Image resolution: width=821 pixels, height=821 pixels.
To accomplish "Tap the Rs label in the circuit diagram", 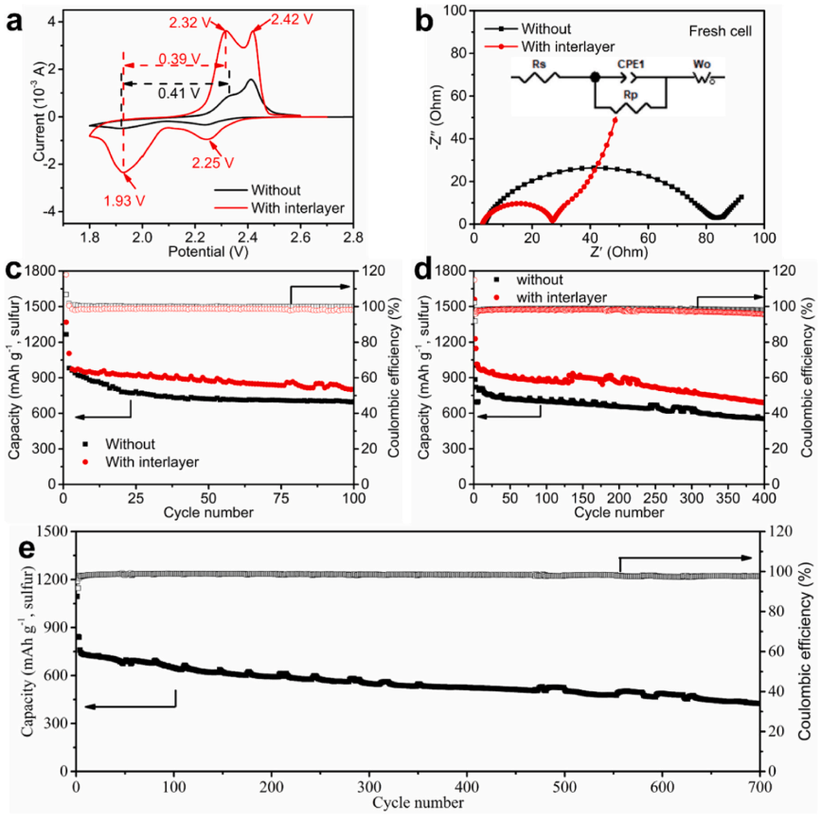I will pos(539,63).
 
